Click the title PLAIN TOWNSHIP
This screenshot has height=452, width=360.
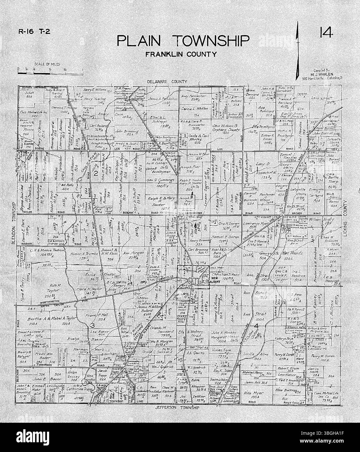183,41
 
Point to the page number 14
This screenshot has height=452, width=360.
325,33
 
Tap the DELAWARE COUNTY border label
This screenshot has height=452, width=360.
167,82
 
